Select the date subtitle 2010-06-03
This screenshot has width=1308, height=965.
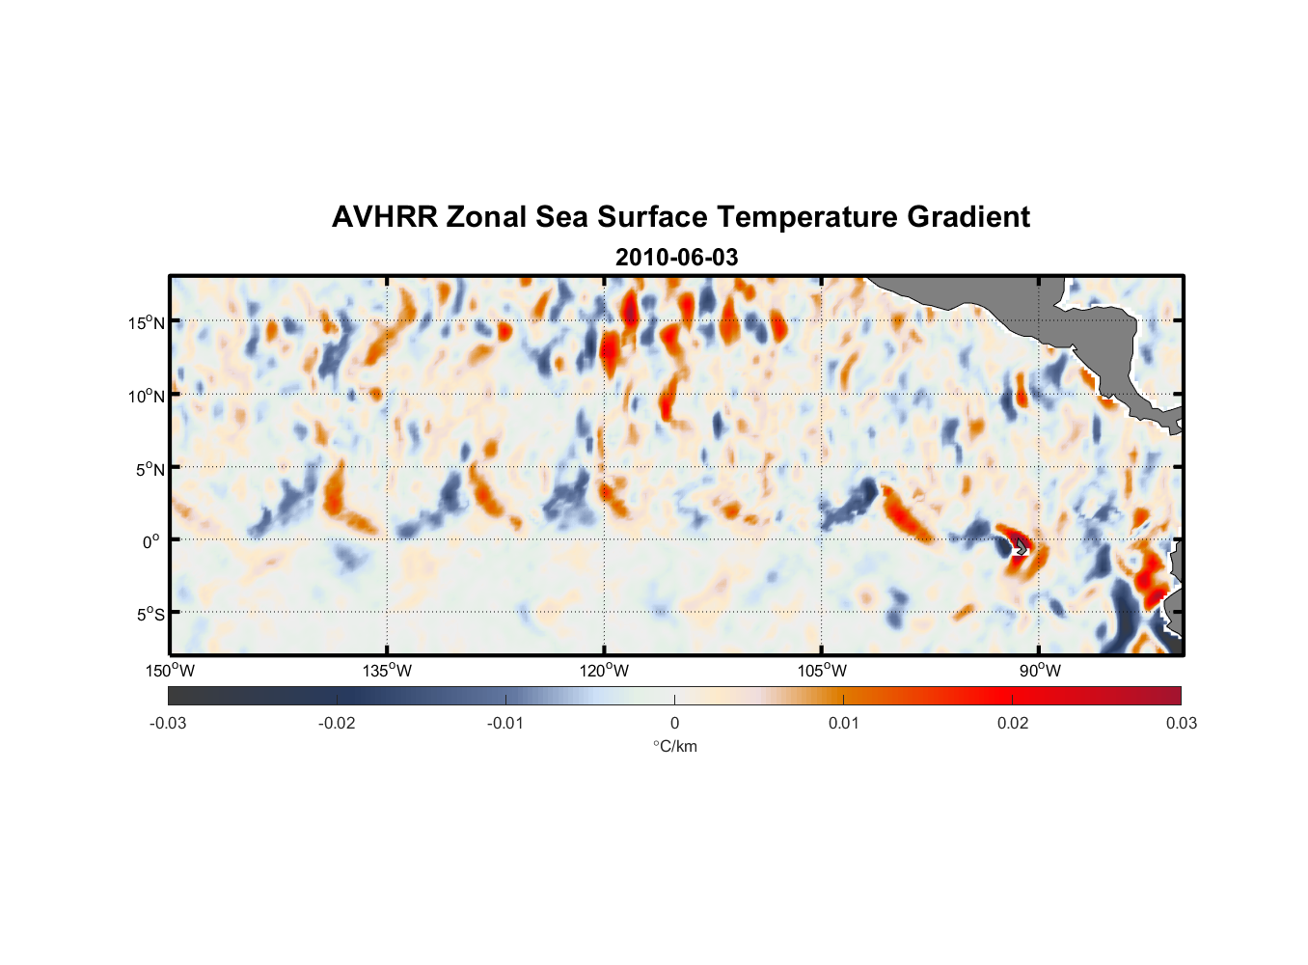pos(676,258)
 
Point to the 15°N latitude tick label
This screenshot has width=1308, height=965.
pos(147,323)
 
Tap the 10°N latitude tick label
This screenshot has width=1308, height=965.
pos(147,397)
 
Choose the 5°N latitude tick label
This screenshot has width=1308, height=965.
pos(150,470)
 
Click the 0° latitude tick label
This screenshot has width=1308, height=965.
pos(151,542)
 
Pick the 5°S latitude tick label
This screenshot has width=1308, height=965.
pos(150,615)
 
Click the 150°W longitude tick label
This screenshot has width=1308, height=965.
pos(171,671)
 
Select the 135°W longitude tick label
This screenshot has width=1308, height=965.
pos(388,671)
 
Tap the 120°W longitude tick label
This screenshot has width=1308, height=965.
pos(605,671)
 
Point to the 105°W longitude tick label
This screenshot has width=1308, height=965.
pos(822,671)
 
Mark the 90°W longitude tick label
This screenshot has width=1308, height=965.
pos(1039,671)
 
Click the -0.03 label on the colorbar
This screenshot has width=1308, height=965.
pos(168,723)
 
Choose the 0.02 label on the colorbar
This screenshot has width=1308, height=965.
pos(1012,723)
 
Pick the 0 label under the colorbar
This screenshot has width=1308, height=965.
pos(674,723)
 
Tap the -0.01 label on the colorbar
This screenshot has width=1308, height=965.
pos(505,723)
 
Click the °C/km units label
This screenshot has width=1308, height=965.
pos(675,746)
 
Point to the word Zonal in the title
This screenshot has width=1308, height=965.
pos(486,217)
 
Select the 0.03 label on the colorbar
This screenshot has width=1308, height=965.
pos(1181,723)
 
